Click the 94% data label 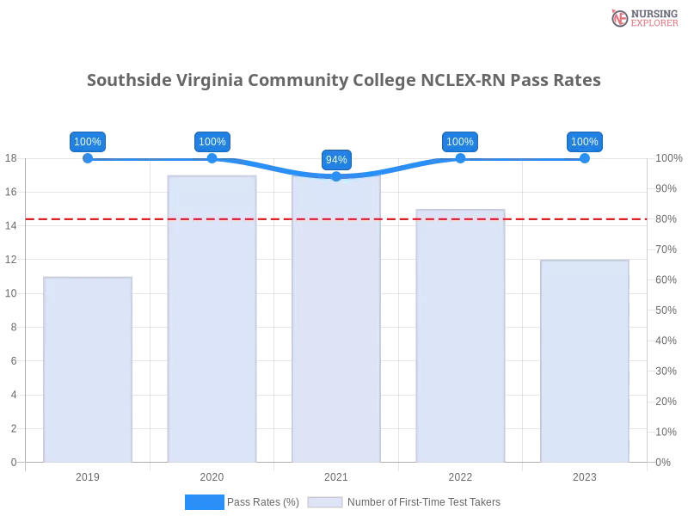pyautogui.click(x=336, y=160)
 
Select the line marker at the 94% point pyautogui.click(x=336, y=177)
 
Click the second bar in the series pyautogui.click(x=212, y=318)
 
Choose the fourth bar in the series pyautogui.click(x=460, y=335)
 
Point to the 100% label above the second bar pyautogui.click(x=212, y=142)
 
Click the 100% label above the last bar pyautogui.click(x=584, y=142)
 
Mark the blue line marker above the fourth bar pyautogui.click(x=460, y=158)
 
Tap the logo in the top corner pyautogui.click(x=642, y=17)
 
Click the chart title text pyautogui.click(x=344, y=81)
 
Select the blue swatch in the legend pyautogui.click(x=204, y=501)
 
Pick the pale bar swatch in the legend pyautogui.click(x=325, y=501)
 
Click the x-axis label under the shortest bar pyautogui.click(x=89, y=475)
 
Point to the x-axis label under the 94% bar pyautogui.click(x=336, y=475)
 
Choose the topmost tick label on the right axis pyautogui.click(x=668, y=158)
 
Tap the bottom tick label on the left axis pyautogui.click(x=13, y=461)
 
